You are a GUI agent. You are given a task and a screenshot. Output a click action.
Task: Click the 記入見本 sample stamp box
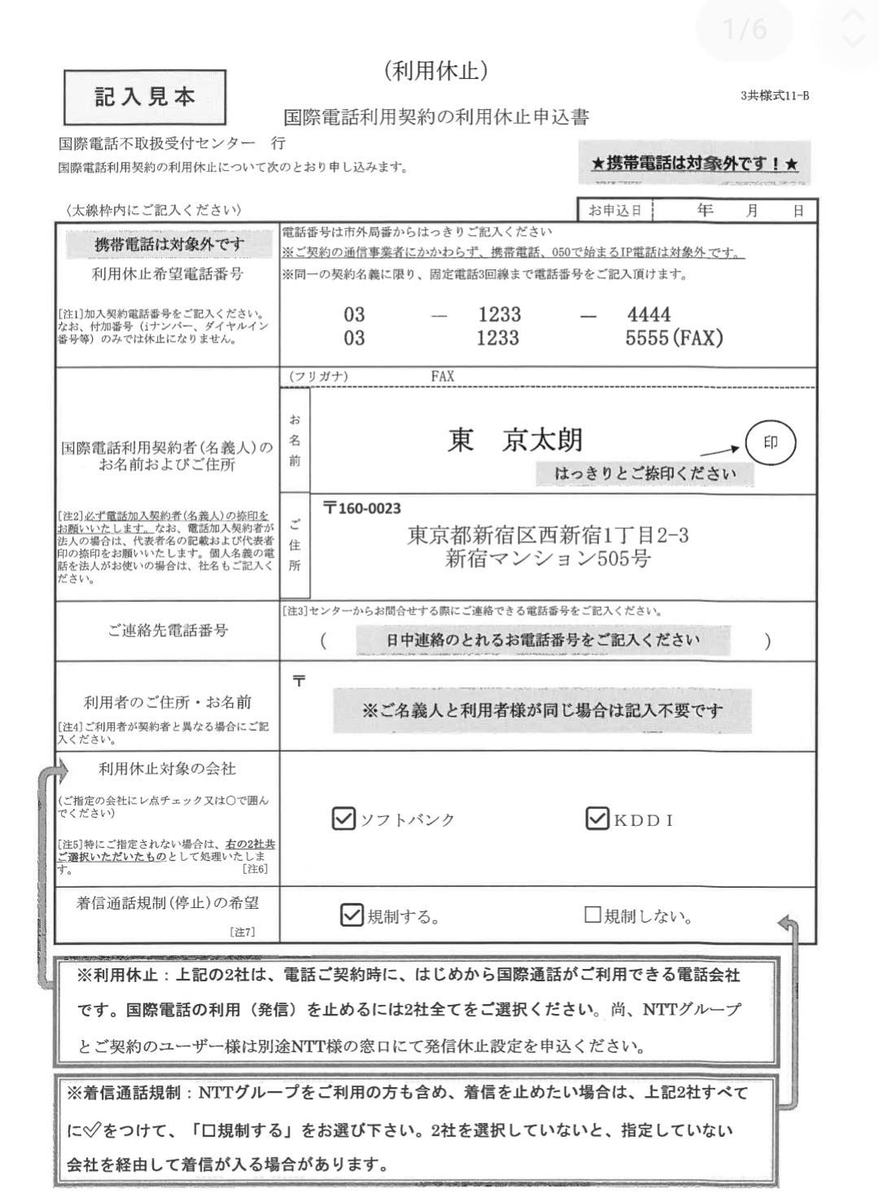click(x=145, y=97)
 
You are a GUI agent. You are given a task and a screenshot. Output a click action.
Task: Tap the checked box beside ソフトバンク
click(x=344, y=819)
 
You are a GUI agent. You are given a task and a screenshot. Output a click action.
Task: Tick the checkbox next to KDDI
click(x=597, y=819)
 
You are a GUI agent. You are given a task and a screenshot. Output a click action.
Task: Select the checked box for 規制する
click(x=352, y=915)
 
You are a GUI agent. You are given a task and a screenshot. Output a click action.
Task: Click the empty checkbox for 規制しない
click(x=593, y=915)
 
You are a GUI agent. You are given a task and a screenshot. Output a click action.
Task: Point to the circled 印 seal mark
click(x=770, y=443)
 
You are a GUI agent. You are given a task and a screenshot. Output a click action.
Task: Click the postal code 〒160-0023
click(x=362, y=509)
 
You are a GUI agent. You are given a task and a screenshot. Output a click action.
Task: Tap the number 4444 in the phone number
click(x=649, y=315)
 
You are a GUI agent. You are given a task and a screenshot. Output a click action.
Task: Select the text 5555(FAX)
click(x=674, y=338)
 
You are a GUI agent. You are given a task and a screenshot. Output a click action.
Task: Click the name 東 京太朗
click(x=515, y=440)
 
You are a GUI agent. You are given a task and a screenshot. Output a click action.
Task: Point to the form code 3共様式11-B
click(x=774, y=95)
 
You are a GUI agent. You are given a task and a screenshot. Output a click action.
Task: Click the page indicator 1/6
click(x=745, y=29)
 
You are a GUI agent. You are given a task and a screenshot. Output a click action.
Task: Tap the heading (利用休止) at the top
click(x=436, y=72)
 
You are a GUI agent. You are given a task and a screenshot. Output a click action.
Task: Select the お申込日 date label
click(x=615, y=211)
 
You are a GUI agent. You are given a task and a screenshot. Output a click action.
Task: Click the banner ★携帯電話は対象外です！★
click(x=694, y=164)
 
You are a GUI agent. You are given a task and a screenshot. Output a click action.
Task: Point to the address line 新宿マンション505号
click(x=548, y=559)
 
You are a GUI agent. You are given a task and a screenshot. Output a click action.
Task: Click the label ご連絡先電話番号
click(x=168, y=631)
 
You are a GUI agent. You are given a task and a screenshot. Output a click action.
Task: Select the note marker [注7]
click(x=243, y=932)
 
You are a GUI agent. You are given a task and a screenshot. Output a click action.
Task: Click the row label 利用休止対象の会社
click(x=167, y=769)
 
